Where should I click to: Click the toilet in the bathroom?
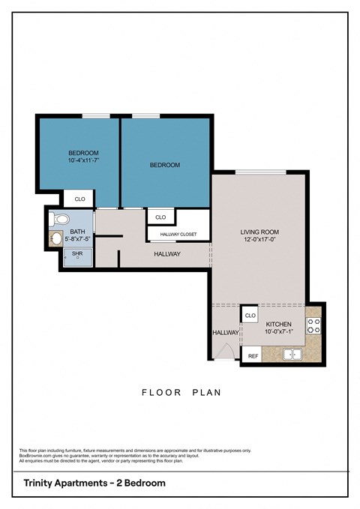pos(60,220)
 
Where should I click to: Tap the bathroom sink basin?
pos(56,239)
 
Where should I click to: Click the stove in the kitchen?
pos(314,325)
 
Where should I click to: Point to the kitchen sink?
pos(292,355)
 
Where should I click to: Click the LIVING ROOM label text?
pos(259,232)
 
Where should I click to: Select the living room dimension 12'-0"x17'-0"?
pos(259,240)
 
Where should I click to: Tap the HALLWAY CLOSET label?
pos(178,235)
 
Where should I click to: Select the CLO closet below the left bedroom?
pos(79,199)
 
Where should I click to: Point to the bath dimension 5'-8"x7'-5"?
pos(77,239)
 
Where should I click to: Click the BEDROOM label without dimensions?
pos(165,165)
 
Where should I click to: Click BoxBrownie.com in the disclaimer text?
pos(35,455)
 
